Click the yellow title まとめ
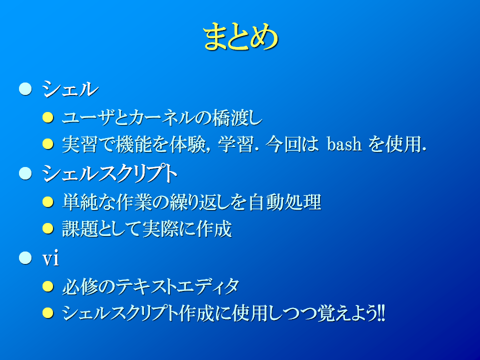click(240, 36)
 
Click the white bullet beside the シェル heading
click(25, 89)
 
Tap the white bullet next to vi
click(25, 258)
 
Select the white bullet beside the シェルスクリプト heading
click(25, 173)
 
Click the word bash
click(344, 143)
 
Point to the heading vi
click(50, 258)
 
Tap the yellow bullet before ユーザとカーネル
click(48, 117)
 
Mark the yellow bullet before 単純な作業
click(48, 201)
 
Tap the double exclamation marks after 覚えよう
click(381, 313)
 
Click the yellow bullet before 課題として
click(48, 228)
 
